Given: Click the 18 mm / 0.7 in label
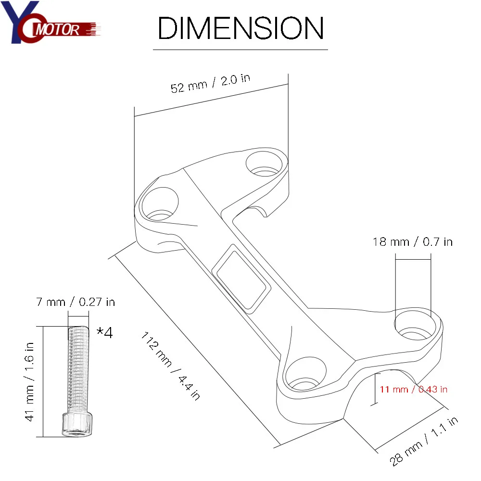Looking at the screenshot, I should pyautogui.click(x=413, y=241).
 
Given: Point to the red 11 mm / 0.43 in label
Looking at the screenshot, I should pyautogui.click(x=414, y=389).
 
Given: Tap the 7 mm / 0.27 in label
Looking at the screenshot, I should pyautogui.click(x=76, y=302).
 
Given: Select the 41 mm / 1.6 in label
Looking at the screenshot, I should pyautogui.click(x=30, y=381).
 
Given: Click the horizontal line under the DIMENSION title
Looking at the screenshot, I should pyautogui.click(x=240, y=50).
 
